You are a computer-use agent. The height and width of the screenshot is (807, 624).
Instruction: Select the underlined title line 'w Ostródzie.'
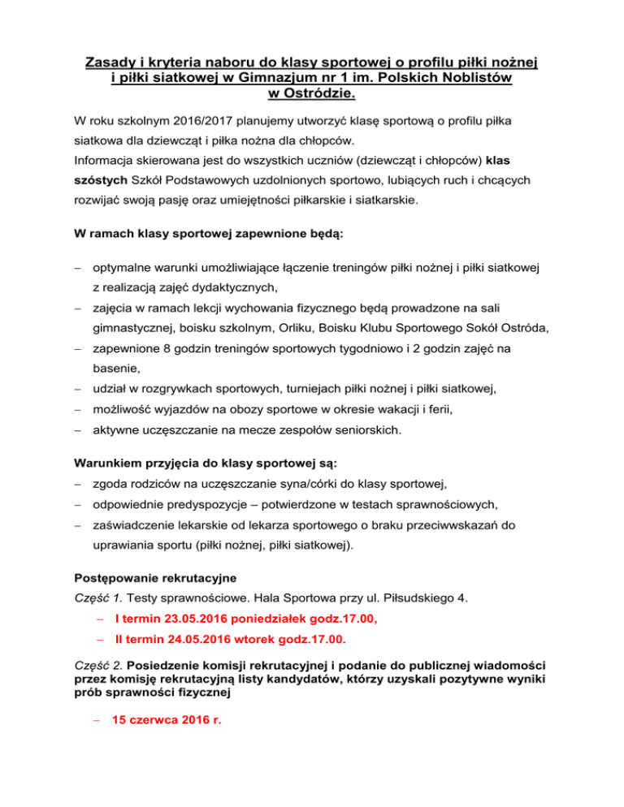click(x=312, y=95)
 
